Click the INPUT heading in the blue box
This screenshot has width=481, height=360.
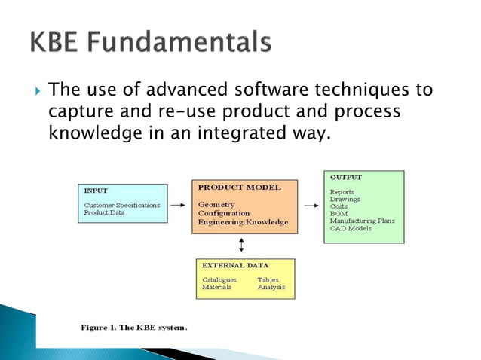point(97,191)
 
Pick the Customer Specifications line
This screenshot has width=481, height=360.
point(121,204)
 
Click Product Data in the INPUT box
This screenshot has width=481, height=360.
point(105,212)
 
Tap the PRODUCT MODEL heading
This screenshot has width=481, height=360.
point(238,187)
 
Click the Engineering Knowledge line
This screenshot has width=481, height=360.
point(243,222)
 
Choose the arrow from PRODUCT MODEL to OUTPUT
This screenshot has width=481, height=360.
point(311,203)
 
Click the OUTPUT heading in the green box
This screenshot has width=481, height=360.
point(345,177)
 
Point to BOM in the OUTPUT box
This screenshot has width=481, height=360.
point(339,214)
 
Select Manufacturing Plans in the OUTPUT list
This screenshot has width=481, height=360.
point(362,221)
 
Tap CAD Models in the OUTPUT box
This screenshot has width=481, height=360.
point(351,229)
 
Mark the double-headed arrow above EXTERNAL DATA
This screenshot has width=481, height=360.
point(241,244)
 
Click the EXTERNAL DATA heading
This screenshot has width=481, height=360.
point(236,265)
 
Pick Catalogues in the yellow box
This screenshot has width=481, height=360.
point(219,279)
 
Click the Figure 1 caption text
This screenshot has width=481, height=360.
point(133,327)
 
